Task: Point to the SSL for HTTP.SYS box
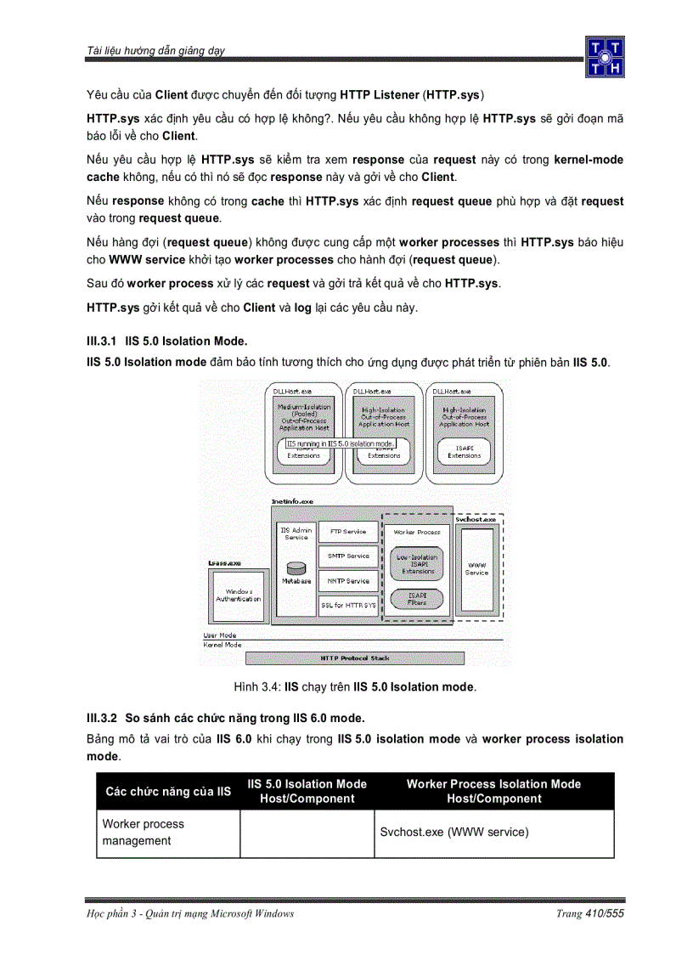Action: pos(348,606)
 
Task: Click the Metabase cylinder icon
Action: pos(296,567)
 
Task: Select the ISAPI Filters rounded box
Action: pos(417,599)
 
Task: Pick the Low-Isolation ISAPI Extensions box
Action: pos(418,564)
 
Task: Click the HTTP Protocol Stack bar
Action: pos(355,658)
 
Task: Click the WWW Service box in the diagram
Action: pos(476,568)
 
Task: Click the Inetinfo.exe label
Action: pos(292,502)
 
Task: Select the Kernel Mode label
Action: pos(223,645)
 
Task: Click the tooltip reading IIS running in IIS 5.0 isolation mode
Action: pos(340,443)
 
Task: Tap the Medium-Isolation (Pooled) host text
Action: pos(304,417)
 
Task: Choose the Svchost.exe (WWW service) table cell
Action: pos(454,833)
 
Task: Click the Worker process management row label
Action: pos(144,833)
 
